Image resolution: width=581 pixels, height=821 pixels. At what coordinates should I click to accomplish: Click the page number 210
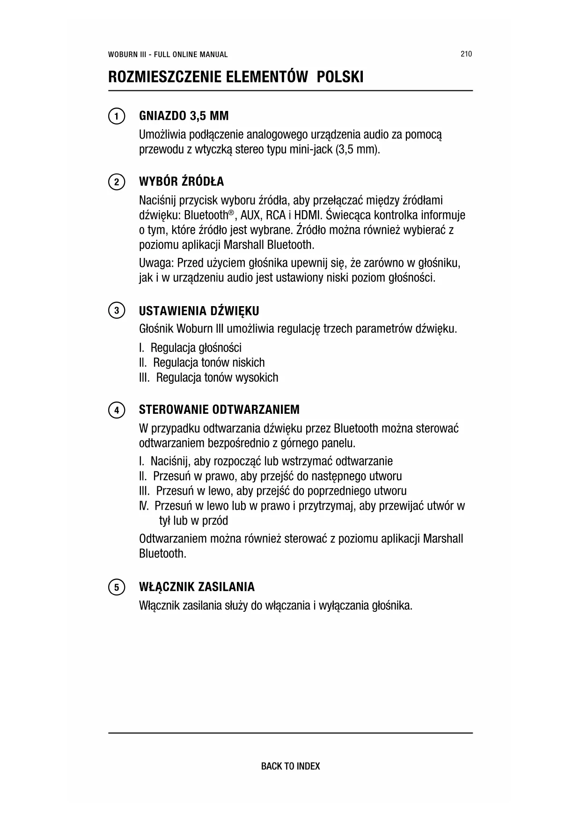466,54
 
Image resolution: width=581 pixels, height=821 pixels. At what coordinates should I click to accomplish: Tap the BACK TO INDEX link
290,766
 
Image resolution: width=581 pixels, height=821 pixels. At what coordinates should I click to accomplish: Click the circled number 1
116,116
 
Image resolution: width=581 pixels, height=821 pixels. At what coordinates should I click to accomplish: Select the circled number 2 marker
116,182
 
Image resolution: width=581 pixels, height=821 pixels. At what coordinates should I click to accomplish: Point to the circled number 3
116,311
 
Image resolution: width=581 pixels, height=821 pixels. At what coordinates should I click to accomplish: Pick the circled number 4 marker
116,410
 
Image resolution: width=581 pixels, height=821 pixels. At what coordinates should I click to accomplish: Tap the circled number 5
116,587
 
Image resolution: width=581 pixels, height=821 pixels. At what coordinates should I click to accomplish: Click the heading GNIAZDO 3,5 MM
184,116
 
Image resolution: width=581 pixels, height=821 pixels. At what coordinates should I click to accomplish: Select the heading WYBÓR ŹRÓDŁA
182,182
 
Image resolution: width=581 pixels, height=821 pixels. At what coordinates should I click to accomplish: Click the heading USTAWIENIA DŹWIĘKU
199,311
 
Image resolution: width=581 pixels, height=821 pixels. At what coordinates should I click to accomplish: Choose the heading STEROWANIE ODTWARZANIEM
219,410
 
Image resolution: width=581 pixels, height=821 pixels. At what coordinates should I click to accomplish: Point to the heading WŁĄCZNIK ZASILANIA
197,587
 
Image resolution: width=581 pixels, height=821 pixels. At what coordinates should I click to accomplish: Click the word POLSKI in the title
340,77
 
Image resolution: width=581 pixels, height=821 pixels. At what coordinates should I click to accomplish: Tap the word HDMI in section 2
309,215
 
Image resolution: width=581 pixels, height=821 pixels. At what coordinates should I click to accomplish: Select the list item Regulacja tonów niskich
209,363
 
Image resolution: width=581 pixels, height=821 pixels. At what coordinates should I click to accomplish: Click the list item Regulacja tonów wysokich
217,378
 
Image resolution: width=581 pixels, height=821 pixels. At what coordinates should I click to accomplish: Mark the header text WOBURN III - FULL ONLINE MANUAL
168,54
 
